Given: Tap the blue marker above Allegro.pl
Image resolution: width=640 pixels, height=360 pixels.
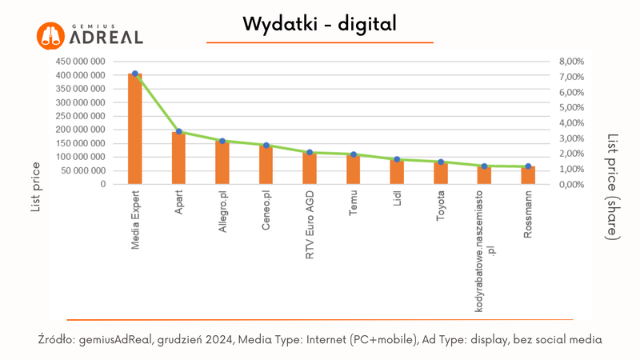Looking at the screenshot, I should (x=222, y=141).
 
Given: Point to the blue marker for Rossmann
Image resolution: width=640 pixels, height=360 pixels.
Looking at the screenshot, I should (x=528, y=166).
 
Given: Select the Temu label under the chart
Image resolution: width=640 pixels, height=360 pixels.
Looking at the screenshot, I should (x=353, y=204).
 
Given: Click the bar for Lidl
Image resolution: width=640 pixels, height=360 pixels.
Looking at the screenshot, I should (x=397, y=171).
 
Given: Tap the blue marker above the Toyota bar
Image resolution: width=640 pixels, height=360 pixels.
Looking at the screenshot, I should (x=440, y=162).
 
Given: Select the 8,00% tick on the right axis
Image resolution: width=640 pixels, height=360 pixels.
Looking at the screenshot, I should (x=573, y=62).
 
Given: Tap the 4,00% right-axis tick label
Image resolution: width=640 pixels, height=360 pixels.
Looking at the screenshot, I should (x=573, y=123).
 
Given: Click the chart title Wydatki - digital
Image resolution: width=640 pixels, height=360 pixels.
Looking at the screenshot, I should (x=319, y=25).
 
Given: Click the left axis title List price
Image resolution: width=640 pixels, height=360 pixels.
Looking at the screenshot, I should (x=36, y=185).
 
